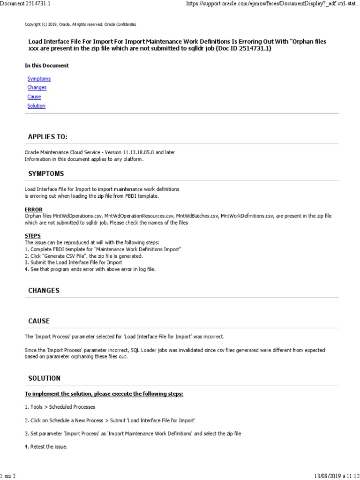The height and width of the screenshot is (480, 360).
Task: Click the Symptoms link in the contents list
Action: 39,79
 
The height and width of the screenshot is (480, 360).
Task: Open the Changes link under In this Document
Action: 37,88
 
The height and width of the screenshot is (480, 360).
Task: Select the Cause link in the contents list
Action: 34,97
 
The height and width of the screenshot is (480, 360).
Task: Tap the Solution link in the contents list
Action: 36,106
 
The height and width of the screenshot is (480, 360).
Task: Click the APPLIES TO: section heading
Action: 47,137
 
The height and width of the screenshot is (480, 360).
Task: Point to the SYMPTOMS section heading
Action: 46,174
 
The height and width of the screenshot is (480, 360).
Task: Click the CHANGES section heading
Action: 44,291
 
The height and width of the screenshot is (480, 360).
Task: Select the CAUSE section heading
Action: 39,321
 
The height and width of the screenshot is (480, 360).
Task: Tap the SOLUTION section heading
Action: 44,378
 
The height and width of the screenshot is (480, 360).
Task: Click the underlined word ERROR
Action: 33,210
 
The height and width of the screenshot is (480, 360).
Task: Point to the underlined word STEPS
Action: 32,236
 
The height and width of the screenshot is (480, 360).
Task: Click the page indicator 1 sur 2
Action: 8,476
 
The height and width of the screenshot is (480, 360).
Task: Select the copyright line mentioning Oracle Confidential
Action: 80,24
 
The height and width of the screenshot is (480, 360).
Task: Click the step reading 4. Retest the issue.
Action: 46,447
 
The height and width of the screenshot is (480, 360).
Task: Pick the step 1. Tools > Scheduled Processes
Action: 60,407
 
